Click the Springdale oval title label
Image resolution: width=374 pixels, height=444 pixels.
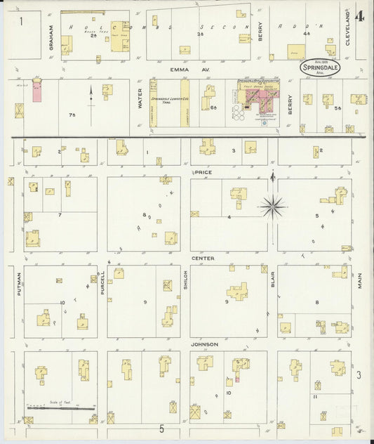tap(320, 68)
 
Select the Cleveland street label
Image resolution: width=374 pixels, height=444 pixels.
tap(347, 28)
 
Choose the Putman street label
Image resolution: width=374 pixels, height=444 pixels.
tap(20, 283)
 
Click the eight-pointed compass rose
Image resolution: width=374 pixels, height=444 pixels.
tap(272, 205)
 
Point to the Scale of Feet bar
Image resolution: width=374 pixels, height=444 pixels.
tap(60, 406)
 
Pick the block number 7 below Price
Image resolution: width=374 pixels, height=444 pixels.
tap(60, 214)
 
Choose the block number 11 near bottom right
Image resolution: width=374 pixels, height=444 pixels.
tap(316, 397)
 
